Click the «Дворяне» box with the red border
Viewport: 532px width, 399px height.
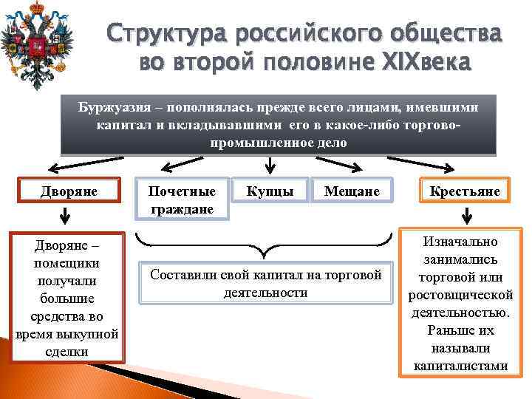click(x=69, y=192)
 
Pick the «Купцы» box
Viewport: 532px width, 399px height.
click(x=270, y=192)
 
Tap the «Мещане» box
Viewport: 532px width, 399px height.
click(x=352, y=192)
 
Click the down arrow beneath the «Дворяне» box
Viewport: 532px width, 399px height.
click(x=66, y=216)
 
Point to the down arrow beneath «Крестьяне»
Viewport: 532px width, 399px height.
click(x=466, y=216)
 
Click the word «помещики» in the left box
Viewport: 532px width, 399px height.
click(x=67, y=264)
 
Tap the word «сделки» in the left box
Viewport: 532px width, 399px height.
click(x=66, y=352)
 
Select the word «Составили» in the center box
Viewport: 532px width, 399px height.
click(x=183, y=275)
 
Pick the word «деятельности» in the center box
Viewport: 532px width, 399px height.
click(x=265, y=293)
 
